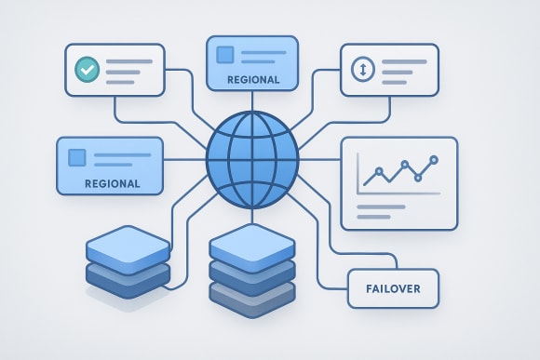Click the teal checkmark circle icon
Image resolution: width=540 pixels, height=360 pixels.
(x=87, y=69)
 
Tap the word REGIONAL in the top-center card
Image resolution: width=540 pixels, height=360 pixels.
(x=252, y=80)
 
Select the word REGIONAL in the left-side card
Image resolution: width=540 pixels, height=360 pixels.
(x=112, y=183)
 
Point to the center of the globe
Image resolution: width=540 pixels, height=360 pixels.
(x=251, y=159)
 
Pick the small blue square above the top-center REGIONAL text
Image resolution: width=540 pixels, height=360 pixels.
(x=224, y=55)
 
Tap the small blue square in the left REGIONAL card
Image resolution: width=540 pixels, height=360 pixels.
(x=77, y=157)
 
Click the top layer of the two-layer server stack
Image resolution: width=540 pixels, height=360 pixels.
(x=128, y=247)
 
